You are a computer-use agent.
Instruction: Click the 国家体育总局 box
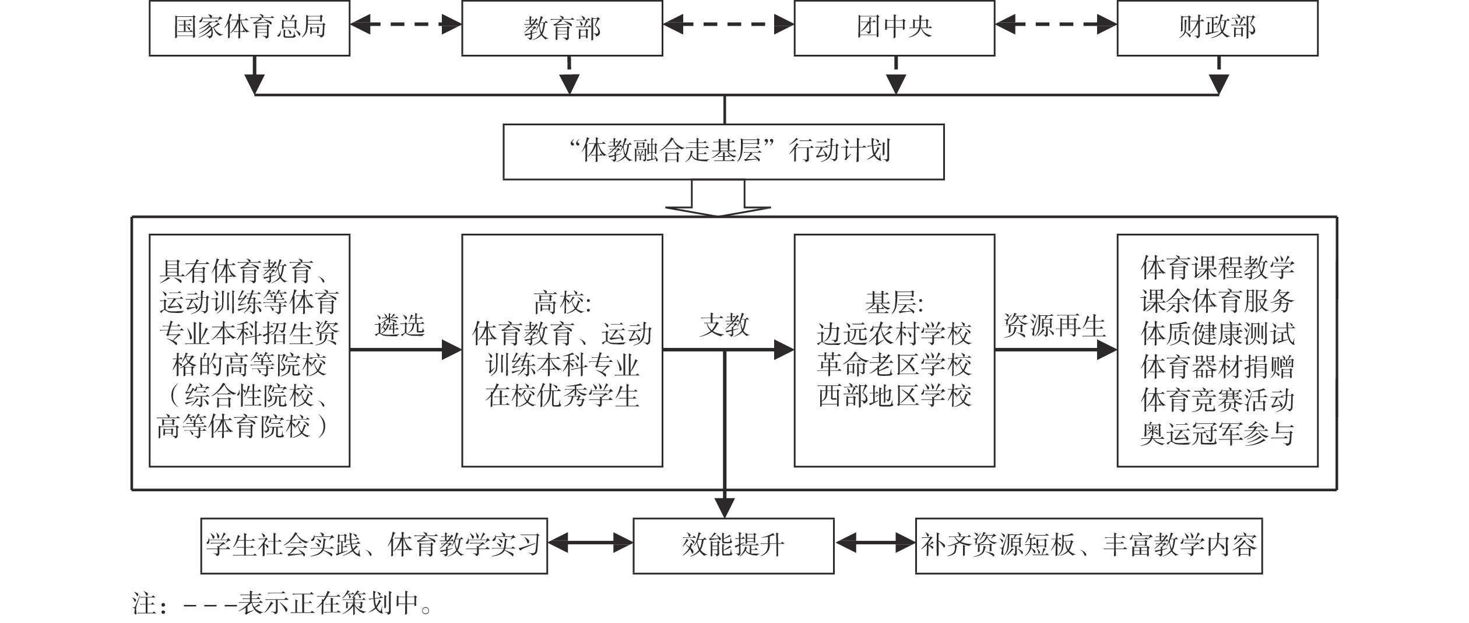tap(249, 28)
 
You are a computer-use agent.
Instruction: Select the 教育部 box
tap(562, 28)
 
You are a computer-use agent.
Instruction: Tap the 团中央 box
tap(894, 28)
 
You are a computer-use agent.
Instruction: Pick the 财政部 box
tap(1217, 28)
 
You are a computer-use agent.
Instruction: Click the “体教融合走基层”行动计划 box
tap(723, 152)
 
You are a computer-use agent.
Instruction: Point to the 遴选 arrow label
tap(400, 325)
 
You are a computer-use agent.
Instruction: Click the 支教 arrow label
tap(725, 325)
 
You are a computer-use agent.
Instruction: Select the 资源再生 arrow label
tap(1055, 325)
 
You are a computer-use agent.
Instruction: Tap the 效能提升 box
tap(733, 545)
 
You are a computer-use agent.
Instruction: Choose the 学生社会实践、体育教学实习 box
tap(374, 545)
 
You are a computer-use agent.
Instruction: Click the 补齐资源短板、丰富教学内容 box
tap(1089, 545)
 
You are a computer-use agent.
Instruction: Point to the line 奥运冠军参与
tap(1217, 433)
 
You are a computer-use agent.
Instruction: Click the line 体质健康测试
tap(1217, 334)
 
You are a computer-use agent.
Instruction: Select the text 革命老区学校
tap(894, 365)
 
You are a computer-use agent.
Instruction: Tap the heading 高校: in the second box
tap(562, 303)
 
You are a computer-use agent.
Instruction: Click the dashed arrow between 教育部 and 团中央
tap(728, 24)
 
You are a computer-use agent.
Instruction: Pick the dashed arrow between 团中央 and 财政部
tap(1056, 24)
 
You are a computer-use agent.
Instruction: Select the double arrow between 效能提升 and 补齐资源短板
tap(875, 543)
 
